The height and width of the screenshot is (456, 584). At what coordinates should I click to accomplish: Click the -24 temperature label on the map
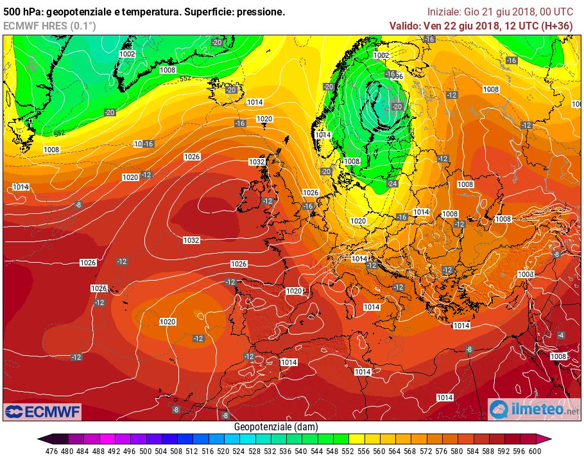[393, 183]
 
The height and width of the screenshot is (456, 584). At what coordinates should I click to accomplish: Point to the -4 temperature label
[561, 335]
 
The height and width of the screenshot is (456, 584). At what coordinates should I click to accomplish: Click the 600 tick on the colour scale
[534, 450]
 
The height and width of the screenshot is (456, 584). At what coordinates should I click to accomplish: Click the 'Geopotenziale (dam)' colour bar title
[276, 426]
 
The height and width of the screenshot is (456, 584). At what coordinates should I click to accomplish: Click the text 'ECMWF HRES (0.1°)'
[49, 26]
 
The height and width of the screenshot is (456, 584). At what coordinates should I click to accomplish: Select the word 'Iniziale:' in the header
[444, 12]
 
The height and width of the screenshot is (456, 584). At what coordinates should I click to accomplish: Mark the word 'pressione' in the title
[259, 12]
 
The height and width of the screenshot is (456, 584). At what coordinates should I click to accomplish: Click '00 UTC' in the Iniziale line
[555, 12]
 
